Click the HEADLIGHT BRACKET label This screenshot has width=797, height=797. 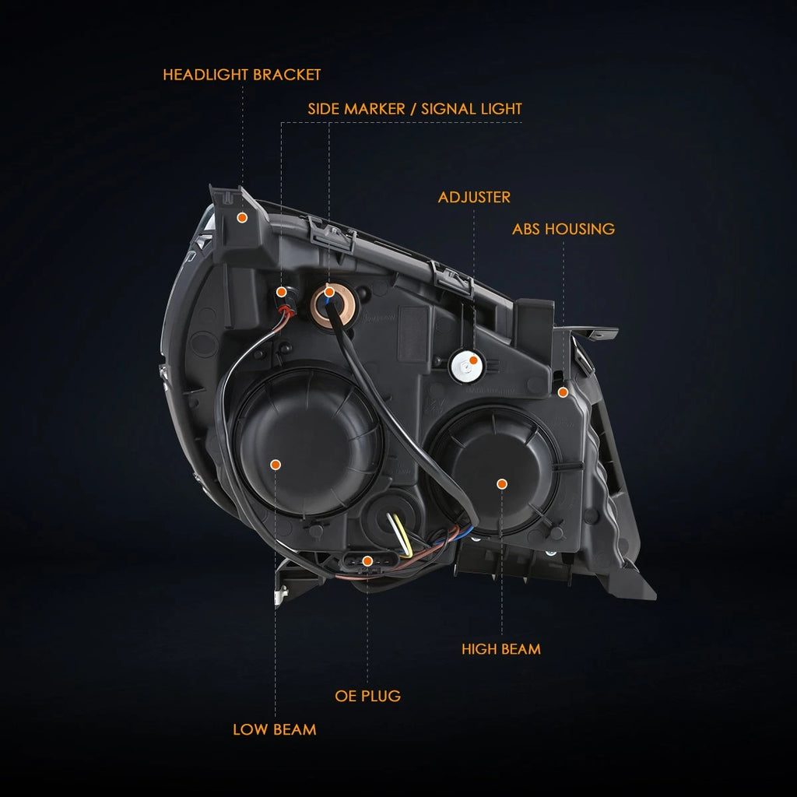241,75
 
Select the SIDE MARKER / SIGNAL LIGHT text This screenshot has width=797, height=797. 415,109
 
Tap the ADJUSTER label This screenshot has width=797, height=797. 474,197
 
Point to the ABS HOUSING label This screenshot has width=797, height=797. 564,230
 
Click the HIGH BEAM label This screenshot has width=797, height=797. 501,649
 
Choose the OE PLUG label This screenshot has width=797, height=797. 367,696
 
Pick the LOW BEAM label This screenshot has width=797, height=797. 275,730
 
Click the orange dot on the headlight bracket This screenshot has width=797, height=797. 243,218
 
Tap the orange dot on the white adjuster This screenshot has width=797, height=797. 473,360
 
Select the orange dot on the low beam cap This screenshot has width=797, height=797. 276,465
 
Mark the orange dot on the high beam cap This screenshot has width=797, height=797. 502,484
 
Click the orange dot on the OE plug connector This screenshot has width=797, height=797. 367,561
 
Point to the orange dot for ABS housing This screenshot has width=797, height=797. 563,392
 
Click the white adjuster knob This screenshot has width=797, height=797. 465,366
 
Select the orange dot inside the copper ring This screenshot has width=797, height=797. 329,292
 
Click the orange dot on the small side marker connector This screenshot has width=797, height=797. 281,292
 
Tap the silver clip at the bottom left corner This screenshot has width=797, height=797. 280,595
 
